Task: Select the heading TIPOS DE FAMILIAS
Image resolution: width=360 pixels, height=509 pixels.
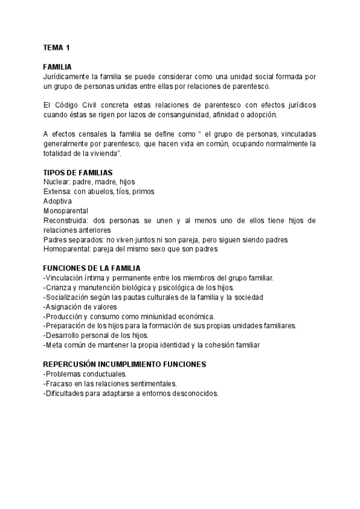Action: tap(78, 173)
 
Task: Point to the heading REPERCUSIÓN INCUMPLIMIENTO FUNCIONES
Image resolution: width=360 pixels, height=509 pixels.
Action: tap(125, 364)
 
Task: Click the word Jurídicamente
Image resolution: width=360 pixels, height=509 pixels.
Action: tap(67, 77)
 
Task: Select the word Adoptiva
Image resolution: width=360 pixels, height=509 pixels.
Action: tap(58, 201)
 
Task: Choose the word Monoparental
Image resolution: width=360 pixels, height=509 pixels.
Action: tap(66, 211)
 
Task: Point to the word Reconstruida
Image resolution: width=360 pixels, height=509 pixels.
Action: tap(65, 220)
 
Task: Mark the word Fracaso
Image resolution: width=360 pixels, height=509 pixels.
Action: tap(59, 384)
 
